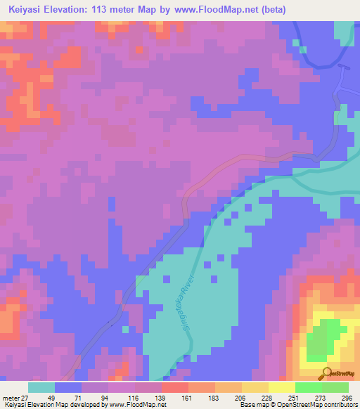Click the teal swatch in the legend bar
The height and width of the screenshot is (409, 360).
coord(41,388)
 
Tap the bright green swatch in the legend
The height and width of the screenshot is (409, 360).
coord(308,388)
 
